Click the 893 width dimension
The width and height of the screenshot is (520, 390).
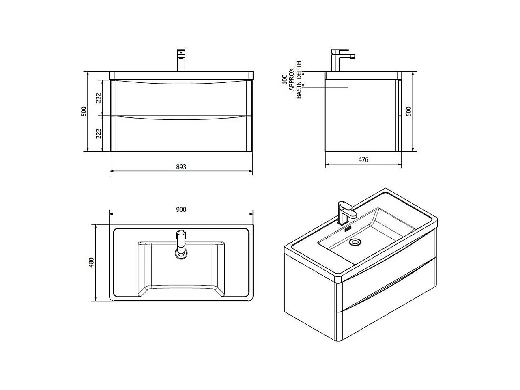[181, 167]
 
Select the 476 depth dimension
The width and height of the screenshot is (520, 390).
[363, 160]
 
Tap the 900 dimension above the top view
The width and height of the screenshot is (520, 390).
[181, 209]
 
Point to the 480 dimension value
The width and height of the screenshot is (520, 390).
[92, 262]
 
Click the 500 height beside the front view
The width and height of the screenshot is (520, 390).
[84, 111]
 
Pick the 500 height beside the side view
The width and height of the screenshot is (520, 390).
[409, 111]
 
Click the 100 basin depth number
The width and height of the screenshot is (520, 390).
[284, 79]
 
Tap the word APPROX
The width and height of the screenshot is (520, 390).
[291, 79]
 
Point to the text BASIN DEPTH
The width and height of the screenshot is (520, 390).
[299, 80]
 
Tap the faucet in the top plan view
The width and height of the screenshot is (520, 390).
[181, 244]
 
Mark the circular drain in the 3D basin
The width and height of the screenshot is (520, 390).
[355, 242]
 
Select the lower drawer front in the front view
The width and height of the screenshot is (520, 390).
[181, 135]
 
